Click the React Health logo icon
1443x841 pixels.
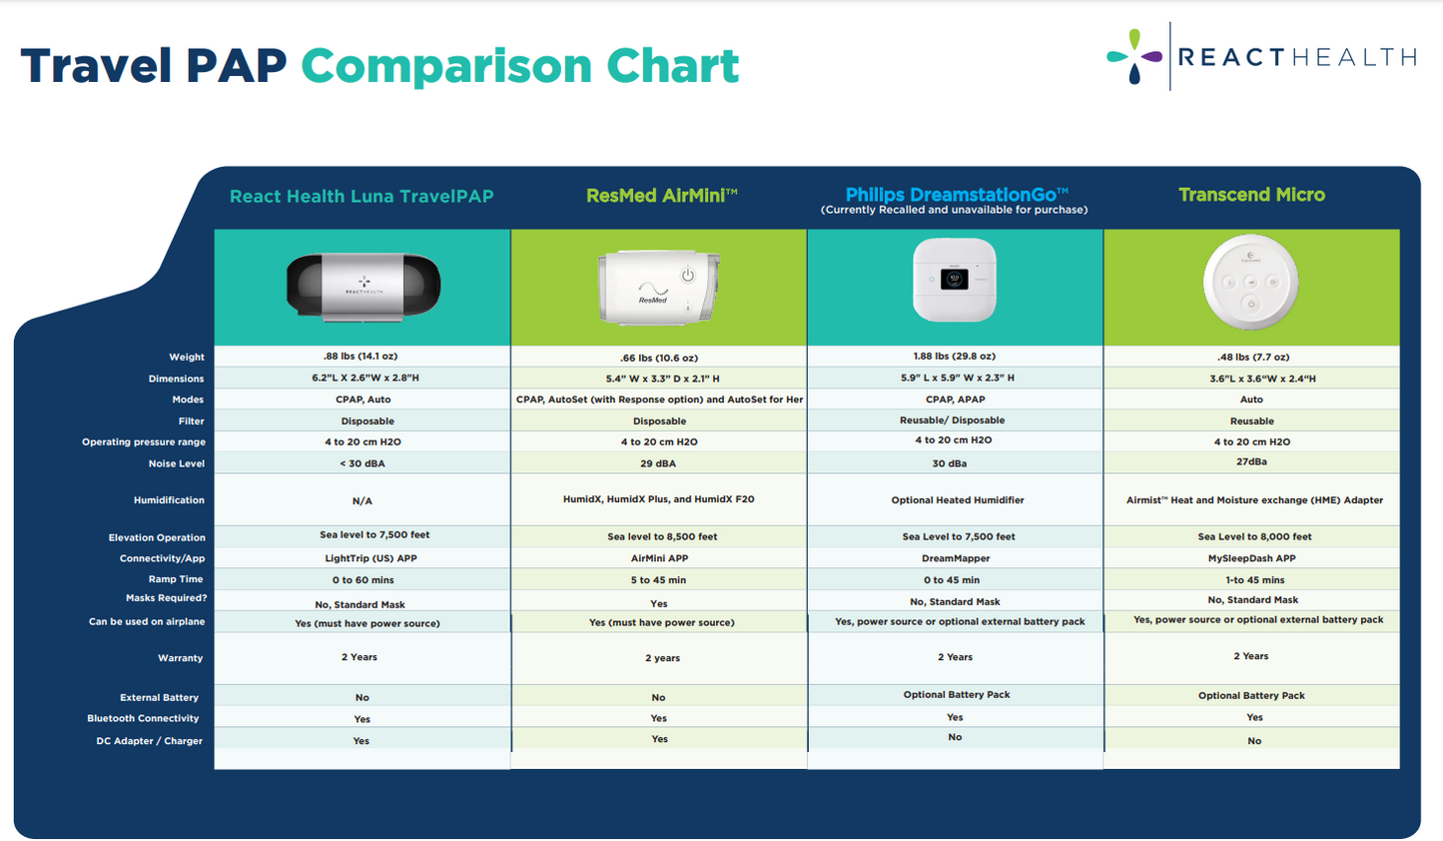coord(1134,57)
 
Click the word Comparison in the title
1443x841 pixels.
coord(445,66)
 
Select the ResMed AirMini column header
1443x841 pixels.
coord(662,196)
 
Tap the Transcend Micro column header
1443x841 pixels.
coord(1251,195)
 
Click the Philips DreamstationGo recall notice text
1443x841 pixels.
coord(954,210)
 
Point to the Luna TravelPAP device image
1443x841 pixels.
coord(363,285)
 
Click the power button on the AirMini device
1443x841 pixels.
coord(688,276)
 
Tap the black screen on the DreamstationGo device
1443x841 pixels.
coord(954,279)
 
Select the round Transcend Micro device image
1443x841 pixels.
coord(1250,283)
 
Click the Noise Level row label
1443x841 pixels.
coord(176,464)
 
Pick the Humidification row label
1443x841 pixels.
coord(169,500)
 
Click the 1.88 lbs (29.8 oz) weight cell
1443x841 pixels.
coord(954,357)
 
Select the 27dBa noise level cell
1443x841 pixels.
coord(1251,462)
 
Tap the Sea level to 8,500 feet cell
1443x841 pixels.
coord(662,536)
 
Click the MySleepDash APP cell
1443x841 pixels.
coord(1251,558)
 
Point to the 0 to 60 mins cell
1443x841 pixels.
coord(362,580)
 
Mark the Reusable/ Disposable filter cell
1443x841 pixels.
coord(952,420)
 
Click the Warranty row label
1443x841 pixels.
coord(181,658)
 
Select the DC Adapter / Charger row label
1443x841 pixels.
coord(150,741)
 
